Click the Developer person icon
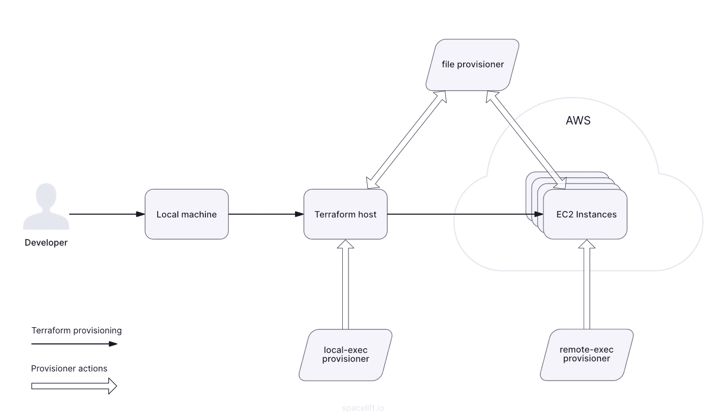point(46,207)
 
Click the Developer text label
point(46,243)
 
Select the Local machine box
point(187,214)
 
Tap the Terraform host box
point(345,214)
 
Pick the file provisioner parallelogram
point(472,65)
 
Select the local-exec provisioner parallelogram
point(345,355)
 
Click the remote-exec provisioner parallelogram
point(587,355)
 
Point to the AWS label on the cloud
point(578,121)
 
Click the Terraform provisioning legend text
point(77,330)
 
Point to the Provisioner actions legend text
point(69,369)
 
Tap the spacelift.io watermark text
point(363,408)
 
